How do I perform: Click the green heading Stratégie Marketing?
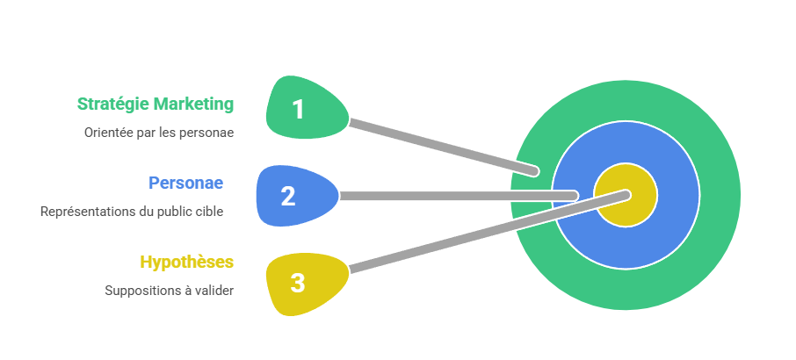click(156, 104)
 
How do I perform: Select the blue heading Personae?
click(185, 183)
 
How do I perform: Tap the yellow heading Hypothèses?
click(187, 262)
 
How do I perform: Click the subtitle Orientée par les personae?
click(159, 133)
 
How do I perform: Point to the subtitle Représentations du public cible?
click(132, 212)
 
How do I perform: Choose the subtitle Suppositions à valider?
click(170, 291)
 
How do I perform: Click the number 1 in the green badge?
click(298, 110)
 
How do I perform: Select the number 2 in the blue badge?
click(288, 196)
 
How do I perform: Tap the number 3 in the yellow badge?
click(298, 283)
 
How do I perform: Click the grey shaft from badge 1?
click(439, 145)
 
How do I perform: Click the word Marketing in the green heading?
click(194, 104)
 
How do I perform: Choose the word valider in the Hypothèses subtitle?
click(216, 291)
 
